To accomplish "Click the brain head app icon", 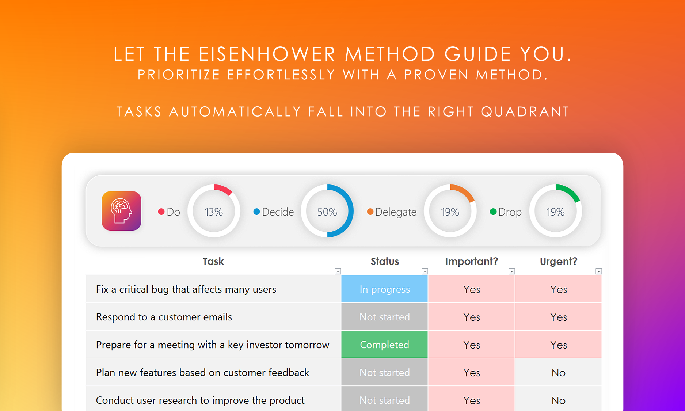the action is [x=121, y=211].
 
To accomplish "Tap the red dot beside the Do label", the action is [x=161, y=212].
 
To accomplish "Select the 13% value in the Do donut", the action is [x=214, y=212].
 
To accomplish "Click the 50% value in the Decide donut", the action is [x=327, y=212].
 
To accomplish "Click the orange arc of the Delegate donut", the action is [x=465, y=191].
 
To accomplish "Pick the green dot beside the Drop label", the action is [x=493, y=212].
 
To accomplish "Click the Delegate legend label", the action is [x=396, y=212].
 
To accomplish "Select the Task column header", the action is [x=213, y=261].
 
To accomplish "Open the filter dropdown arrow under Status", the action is [x=425, y=271].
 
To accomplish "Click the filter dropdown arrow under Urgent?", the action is [x=598, y=271].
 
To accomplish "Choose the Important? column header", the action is [x=472, y=261].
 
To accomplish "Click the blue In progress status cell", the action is [x=384, y=289].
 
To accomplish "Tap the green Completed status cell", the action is [x=384, y=345].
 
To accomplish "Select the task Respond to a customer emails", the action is [x=164, y=317].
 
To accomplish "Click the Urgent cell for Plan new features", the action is [x=558, y=372].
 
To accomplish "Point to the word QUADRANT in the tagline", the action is [x=525, y=111].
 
